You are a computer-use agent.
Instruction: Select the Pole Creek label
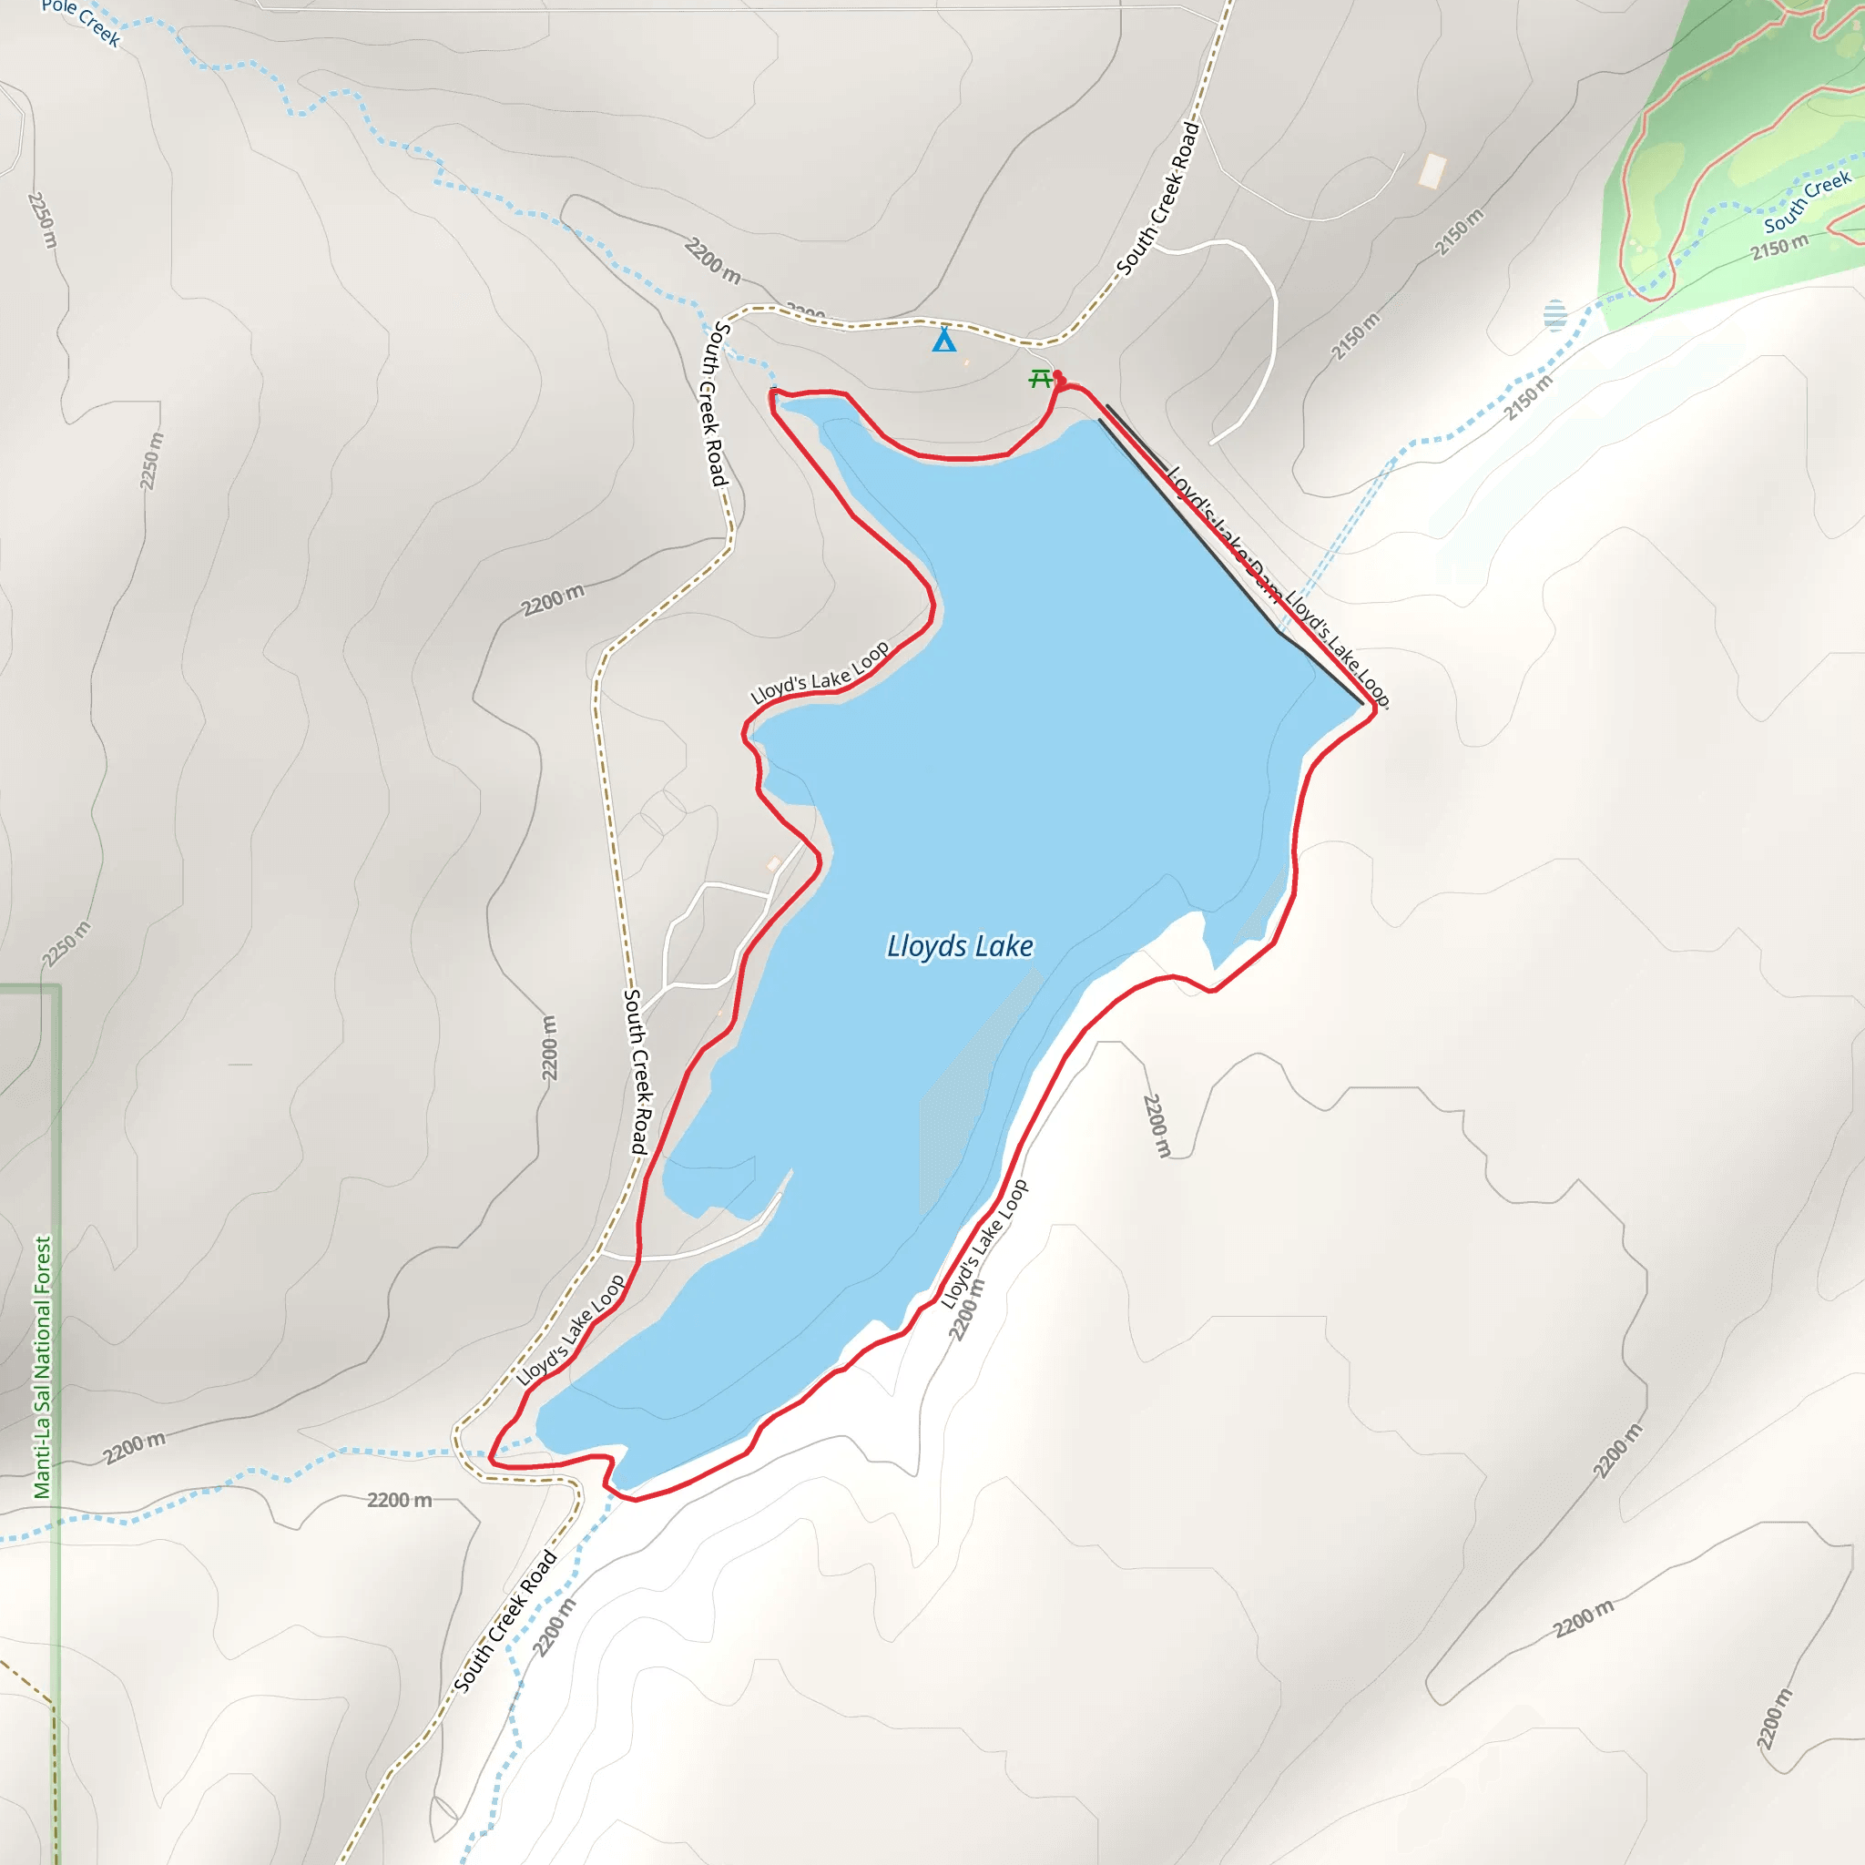click(81, 22)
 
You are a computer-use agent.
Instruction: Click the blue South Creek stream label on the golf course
click(1807, 200)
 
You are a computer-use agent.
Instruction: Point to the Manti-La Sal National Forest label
click(43, 1367)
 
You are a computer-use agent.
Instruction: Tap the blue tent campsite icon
click(944, 340)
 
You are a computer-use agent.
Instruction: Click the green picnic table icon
click(1040, 379)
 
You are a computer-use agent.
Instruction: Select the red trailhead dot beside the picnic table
click(1058, 375)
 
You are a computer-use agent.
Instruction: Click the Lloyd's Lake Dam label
click(1224, 533)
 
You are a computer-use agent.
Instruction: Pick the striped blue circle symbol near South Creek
click(1554, 315)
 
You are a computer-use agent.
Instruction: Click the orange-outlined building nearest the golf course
click(1432, 171)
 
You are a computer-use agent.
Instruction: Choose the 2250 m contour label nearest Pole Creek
click(43, 219)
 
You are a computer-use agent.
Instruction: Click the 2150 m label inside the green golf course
click(1780, 247)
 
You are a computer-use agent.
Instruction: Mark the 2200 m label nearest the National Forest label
click(135, 1447)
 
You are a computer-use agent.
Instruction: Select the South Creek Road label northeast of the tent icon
click(1158, 198)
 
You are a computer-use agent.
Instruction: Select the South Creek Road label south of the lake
click(505, 1623)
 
